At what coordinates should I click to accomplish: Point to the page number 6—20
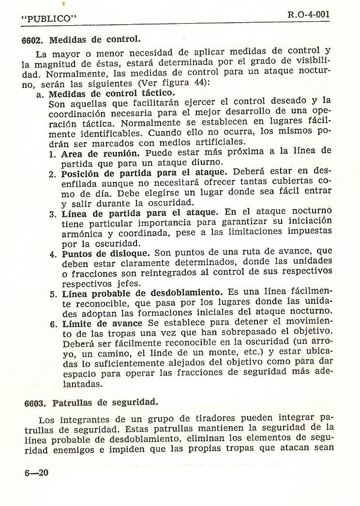pos(36,472)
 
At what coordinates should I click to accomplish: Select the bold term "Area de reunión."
pos(97,152)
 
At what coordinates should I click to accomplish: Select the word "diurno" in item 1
pos(209,162)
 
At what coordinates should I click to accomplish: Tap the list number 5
pos(53,294)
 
